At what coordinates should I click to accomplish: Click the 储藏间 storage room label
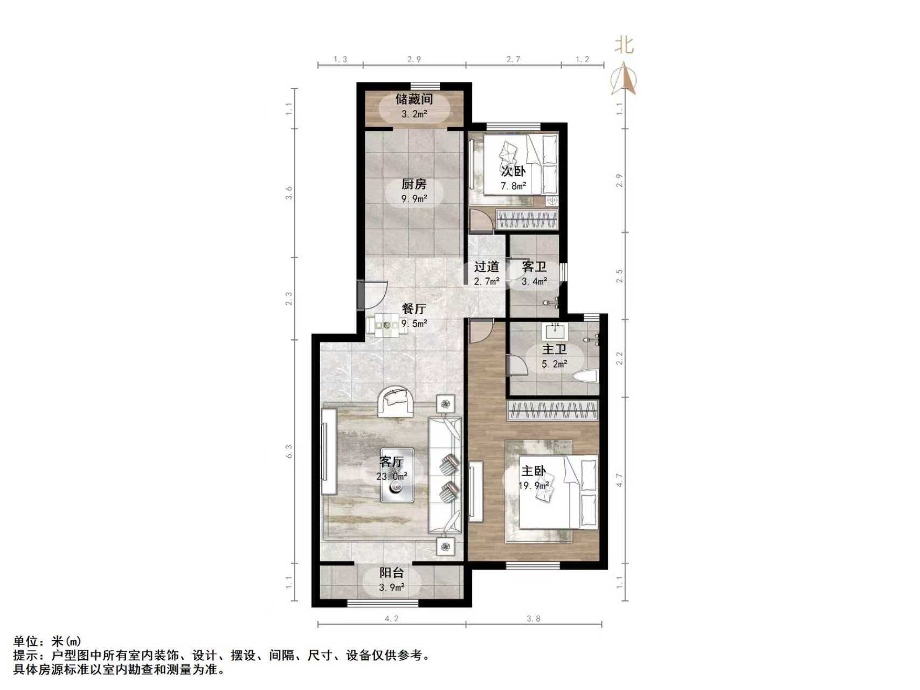414,100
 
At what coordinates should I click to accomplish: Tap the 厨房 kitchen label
414,184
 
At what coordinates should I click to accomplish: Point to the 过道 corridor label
486,267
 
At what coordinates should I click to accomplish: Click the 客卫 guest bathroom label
534,267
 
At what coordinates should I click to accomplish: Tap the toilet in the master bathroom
586,376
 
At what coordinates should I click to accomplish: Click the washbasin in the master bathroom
555,329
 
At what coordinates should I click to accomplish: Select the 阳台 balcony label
392,574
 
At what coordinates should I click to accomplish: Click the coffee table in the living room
397,475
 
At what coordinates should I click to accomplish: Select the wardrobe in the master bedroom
554,411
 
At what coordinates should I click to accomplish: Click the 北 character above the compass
624,45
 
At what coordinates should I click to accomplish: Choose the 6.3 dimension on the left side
289,451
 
